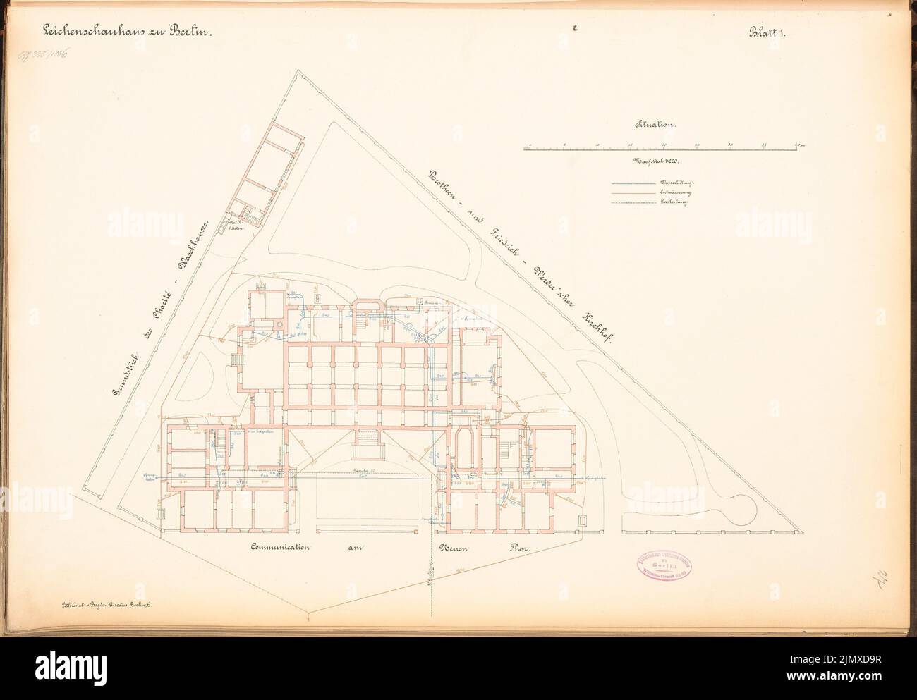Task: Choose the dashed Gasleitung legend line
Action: [x=631, y=202]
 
